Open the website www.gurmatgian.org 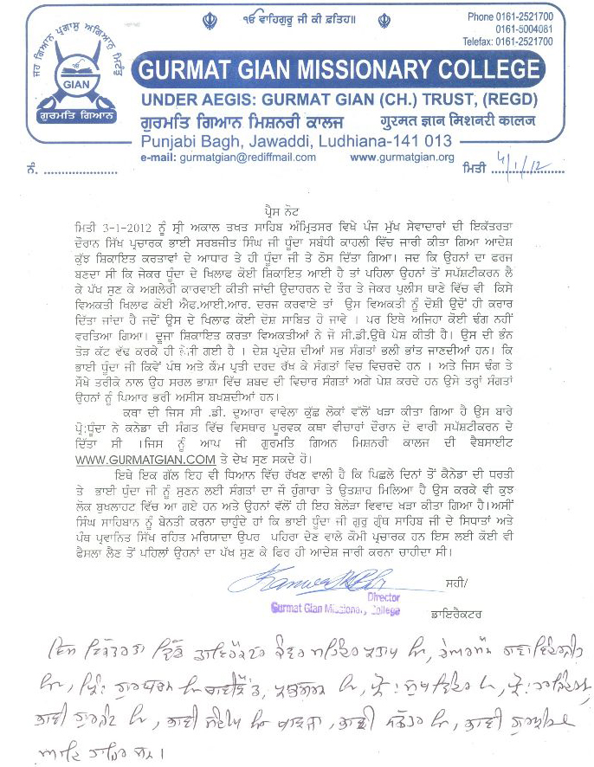point(402,158)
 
